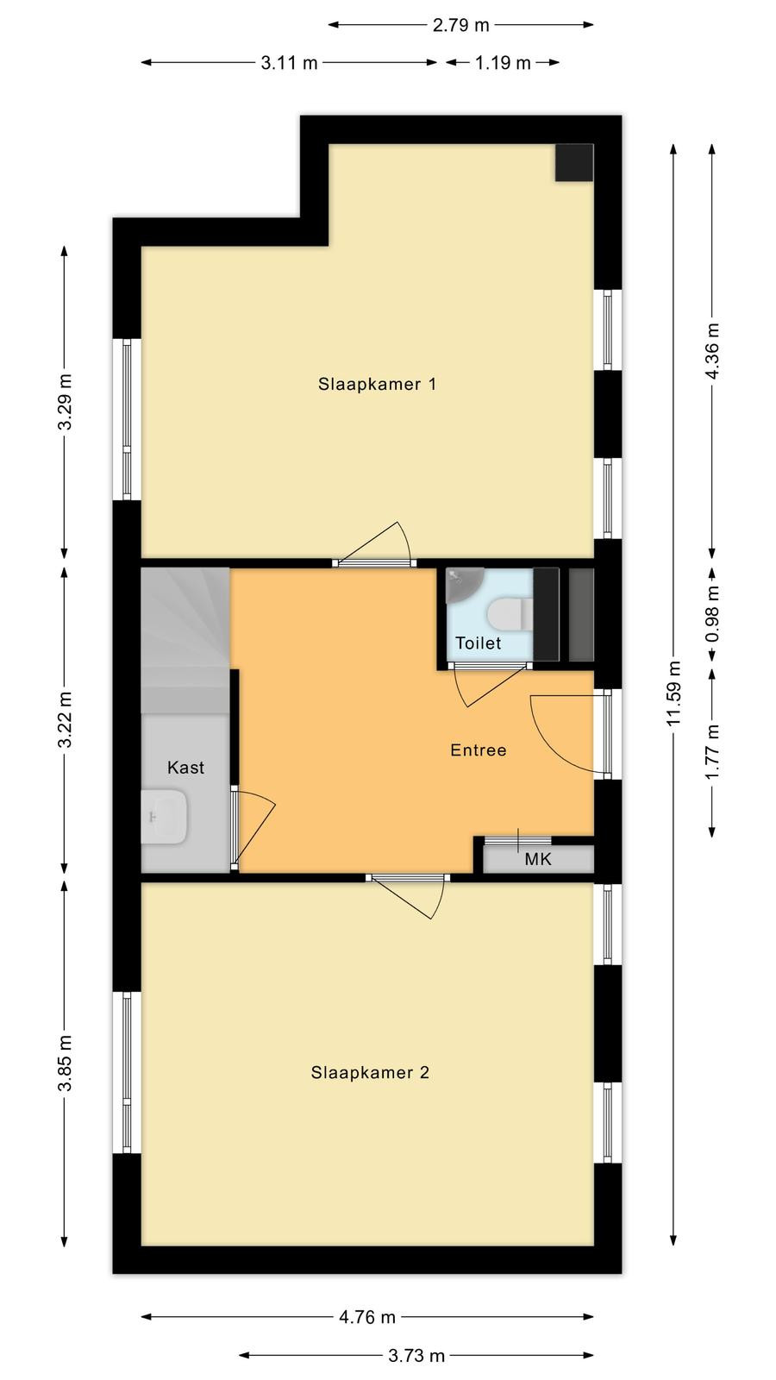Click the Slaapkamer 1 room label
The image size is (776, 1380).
377,385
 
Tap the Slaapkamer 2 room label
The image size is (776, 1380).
370,1073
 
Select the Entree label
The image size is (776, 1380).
479,750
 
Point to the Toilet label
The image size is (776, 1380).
478,643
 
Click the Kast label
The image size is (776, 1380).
185,767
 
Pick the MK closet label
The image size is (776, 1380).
538,859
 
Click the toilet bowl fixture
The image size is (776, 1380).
510,614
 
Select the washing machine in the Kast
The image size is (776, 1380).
164,816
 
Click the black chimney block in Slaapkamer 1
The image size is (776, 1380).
574,163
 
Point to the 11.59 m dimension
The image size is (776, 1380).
673,693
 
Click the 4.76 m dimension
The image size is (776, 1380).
367,1316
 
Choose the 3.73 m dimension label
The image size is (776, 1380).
416,1355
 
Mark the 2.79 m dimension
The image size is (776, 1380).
460,25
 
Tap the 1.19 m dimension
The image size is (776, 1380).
503,63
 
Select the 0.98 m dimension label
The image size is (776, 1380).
712,614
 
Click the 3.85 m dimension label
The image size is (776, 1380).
65,1063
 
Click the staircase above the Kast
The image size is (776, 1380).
185,641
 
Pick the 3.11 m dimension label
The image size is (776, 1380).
289,63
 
